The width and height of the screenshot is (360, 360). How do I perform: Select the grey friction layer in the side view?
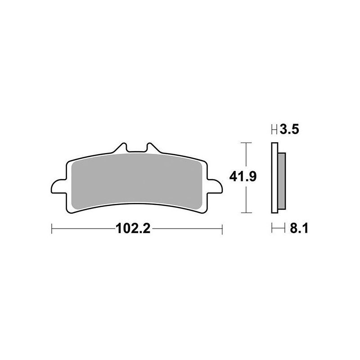[x=282, y=180]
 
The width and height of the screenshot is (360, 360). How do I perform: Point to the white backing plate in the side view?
[x=274, y=180]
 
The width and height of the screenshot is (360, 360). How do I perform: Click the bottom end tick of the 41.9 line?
[x=244, y=212]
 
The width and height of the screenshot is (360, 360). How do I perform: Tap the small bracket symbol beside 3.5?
[x=274, y=131]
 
